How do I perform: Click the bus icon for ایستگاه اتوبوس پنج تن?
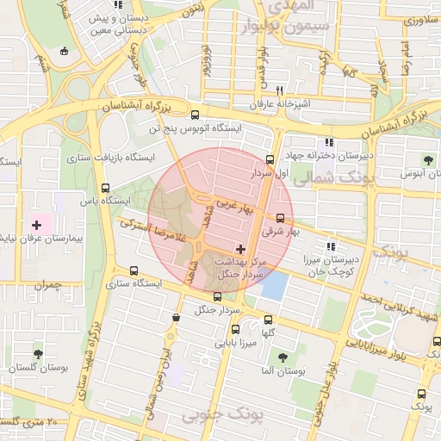tap(195, 115)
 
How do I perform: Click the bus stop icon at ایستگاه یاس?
tap(105, 188)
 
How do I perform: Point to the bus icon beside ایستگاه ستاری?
tap(132, 270)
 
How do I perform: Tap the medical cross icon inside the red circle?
tap(227, 250)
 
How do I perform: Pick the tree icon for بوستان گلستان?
tap(36, 353)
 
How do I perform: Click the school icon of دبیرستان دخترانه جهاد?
tap(327, 143)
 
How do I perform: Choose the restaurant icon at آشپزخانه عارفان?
tap(278, 90)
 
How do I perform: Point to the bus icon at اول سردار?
tap(270, 159)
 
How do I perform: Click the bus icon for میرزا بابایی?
tap(236, 329)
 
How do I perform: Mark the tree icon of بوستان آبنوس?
tap(428, 159)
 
